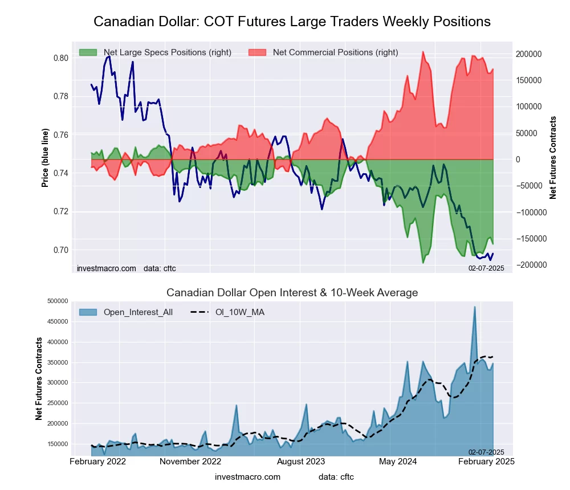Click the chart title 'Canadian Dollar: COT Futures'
292,22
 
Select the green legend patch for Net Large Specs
88,52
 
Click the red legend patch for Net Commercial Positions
258,52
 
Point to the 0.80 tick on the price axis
61,58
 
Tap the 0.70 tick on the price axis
61,250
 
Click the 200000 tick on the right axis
528,54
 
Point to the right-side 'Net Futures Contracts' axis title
553,157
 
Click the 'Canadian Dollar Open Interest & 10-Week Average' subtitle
292,293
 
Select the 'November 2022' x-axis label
190,461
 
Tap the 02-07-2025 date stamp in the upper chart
486,268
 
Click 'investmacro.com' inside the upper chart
107,268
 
